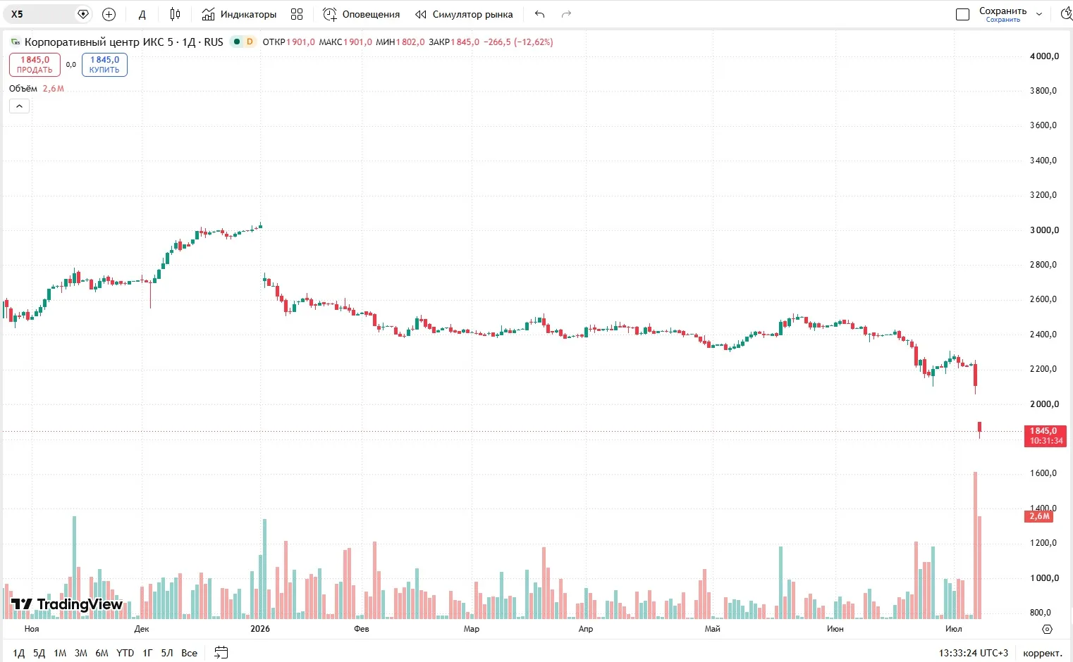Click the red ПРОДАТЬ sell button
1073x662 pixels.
[35, 65]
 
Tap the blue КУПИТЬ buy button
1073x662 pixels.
[104, 65]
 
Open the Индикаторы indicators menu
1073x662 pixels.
[239, 14]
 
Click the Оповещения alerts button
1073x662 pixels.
[361, 14]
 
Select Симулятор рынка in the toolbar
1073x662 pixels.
[464, 14]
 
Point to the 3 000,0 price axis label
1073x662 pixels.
[1044, 230]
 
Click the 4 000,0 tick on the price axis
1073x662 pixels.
[1044, 56]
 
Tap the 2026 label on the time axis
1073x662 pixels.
[260, 628]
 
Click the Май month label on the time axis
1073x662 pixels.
[712, 628]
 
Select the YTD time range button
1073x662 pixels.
[125, 653]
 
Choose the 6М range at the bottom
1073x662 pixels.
[102, 653]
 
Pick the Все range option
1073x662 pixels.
[189, 653]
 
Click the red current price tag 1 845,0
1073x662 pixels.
[1046, 436]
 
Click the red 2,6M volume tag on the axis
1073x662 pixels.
[1038, 516]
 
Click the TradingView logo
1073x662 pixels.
[66, 604]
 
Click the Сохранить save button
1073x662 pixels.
[1003, 14]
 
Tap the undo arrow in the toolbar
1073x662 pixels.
[540, 14]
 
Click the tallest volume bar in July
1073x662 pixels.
[975, 545]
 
